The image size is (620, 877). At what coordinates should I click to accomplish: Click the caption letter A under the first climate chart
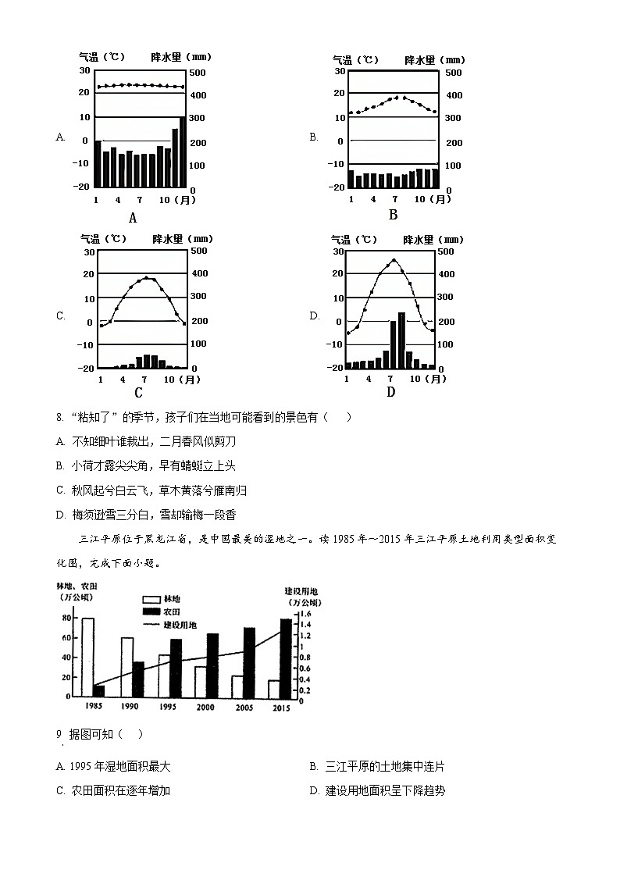[133, 218]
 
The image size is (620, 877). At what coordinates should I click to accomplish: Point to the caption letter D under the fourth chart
[390, 391]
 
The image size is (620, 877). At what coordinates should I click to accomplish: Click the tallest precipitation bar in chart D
[401, 340]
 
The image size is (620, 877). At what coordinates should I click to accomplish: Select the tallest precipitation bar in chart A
[183, 152]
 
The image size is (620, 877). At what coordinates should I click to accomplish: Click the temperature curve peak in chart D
[394, 260]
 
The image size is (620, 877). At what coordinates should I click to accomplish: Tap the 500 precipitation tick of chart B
[453, 73]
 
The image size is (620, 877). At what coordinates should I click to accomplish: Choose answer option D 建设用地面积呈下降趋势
[377, 790]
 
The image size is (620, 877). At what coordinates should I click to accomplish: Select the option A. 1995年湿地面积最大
[113, 766]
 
